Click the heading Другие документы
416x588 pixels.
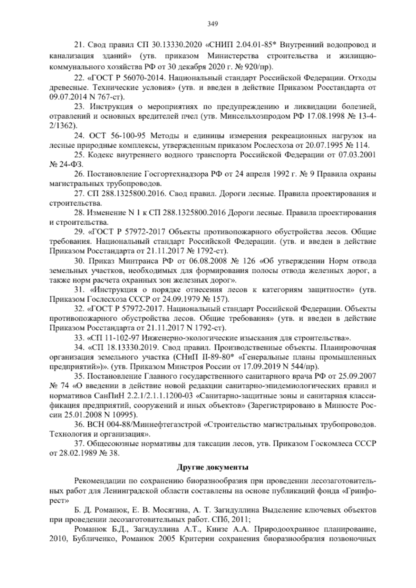[x=212, y=467]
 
